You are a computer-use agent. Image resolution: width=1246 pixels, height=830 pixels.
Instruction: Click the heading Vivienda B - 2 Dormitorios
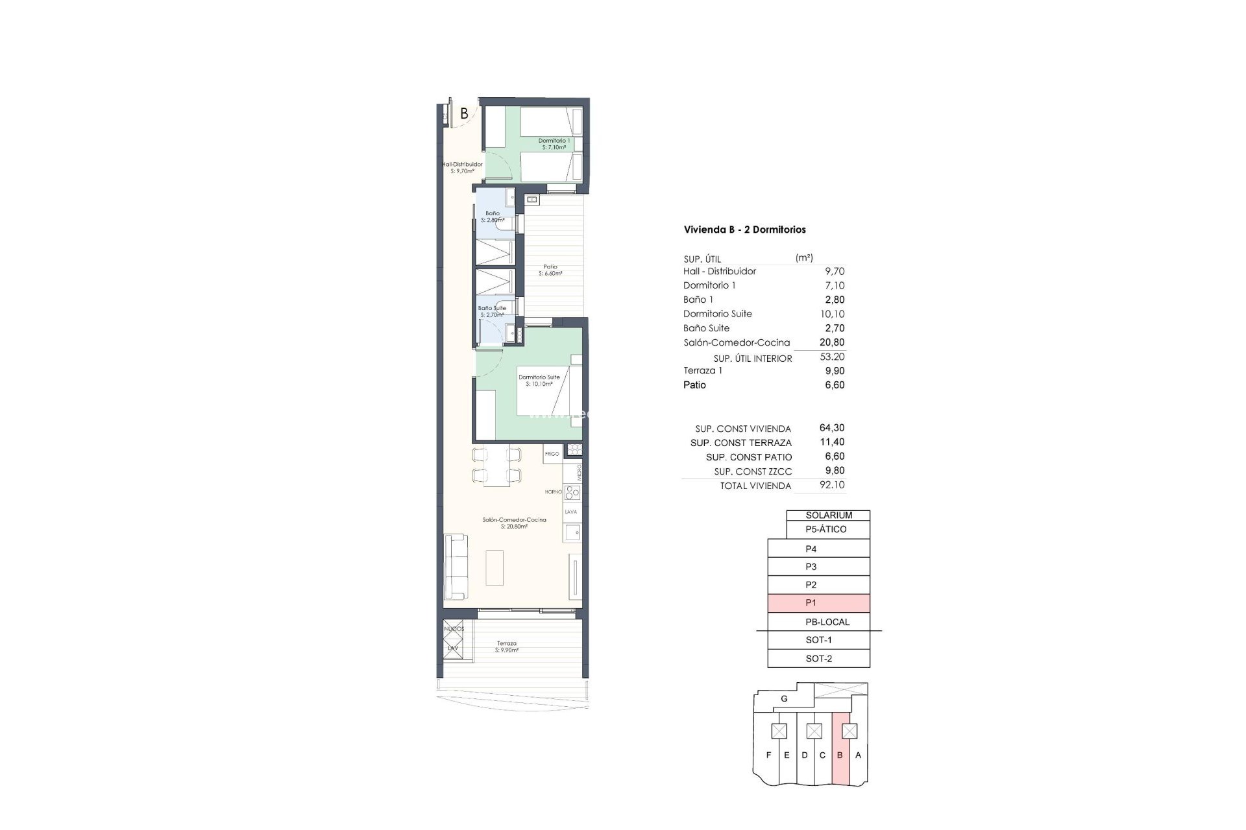pyautogui.click(x=744, y=230)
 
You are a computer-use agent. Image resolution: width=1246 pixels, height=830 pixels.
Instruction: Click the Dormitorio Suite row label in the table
pyautogui.click(x=717, y=314)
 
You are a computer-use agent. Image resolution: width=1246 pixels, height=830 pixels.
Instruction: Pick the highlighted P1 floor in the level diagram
pyautogui.click(x=818, y=603)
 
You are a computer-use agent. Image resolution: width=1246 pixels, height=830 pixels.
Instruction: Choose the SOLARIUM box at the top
pyautogui.click(x=828, y=516)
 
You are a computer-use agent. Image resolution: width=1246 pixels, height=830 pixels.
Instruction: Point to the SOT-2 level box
pyautogui.click(x=818, y=659)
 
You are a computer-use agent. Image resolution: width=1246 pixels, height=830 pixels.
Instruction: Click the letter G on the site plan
pyautogui.click(x=784, y=699)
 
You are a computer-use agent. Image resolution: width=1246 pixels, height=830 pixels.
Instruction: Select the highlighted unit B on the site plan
pyautogui.click(x=840, y=755)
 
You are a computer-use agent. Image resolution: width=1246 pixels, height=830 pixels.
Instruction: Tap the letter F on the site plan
pyautogui.click(x=769, y=755)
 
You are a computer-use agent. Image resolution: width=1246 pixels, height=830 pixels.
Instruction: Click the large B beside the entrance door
pyautogui.click(x=464, y=113)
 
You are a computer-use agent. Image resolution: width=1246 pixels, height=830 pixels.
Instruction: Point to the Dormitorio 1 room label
pyautogui.click(x=554, y=141)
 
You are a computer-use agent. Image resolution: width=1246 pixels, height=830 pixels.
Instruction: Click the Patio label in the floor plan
pyautogui.click(x=550, y=267)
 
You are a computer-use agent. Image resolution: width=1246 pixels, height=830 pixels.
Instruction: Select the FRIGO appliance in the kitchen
pyautogui.click(x=552, y=454)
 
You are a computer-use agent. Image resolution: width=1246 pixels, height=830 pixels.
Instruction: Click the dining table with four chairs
pyautogui.click(x=496, y=465)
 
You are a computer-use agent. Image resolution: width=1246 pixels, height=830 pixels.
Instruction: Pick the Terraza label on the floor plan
pyautogui.click(x=506, y=644)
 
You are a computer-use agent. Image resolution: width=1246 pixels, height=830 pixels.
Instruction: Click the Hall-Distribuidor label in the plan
pyautogui.click(x=462, y=165)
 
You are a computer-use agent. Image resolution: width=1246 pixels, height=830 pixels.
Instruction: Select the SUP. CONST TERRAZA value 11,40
pyautogui.click(x=835, y=442)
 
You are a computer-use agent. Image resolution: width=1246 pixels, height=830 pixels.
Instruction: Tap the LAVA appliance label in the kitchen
pyautogui.click(x=571, y=512)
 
